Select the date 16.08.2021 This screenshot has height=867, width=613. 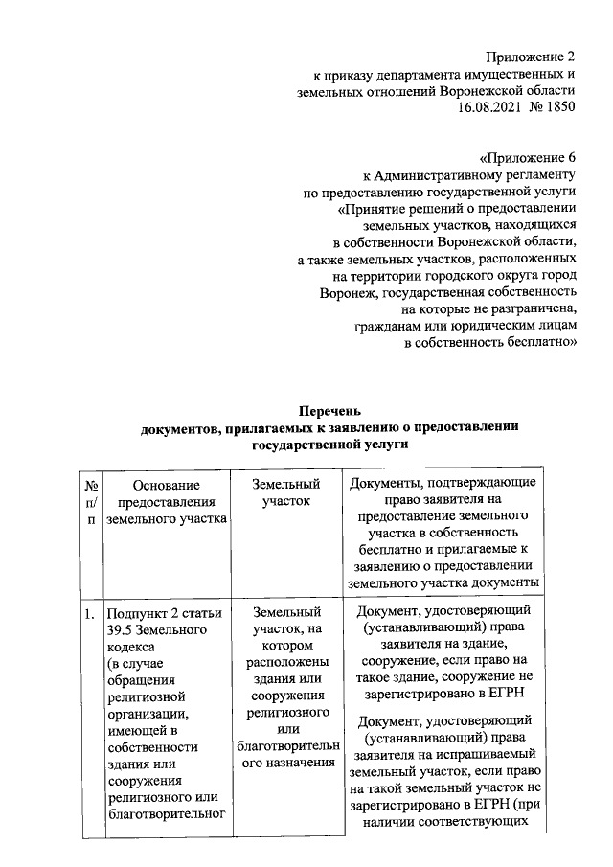point(492,108)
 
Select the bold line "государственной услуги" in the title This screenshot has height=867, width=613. point(330,445)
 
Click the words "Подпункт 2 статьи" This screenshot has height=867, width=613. point(165,614)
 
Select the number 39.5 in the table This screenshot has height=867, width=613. point(122,630)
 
